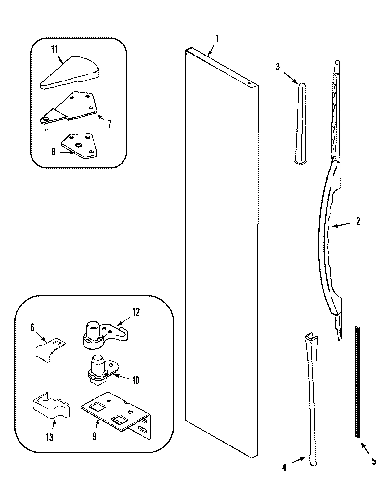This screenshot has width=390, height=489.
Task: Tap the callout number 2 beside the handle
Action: [358, 221]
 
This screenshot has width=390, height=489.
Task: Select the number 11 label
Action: [54, 50]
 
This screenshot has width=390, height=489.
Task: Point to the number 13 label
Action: [49, 437]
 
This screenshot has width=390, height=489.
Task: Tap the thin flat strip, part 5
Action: [357, 383]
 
